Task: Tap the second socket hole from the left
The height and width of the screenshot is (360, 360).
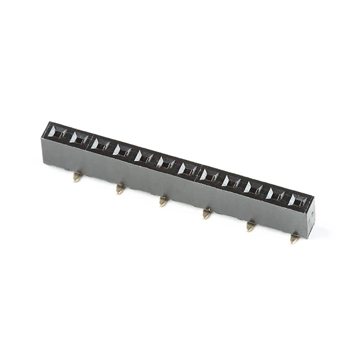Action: click(x=79, y=138)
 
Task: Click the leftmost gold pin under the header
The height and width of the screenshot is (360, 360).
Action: click(x=77, y=177)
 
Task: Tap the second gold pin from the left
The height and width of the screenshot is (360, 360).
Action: click(x=121, y=189)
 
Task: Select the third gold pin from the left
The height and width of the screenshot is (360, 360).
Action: click(x=164, y=201)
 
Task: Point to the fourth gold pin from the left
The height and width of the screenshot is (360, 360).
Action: click(x=207, y=213)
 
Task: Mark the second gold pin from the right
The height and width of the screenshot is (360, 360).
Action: click(x=251, y=226)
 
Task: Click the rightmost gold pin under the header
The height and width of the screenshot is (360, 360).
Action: click(x=295, y=238)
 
